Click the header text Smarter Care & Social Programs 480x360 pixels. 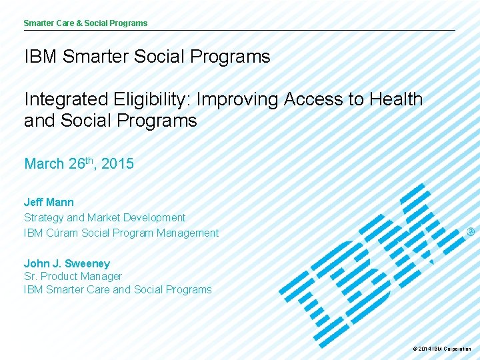pyautogui.click(x=85, y=23)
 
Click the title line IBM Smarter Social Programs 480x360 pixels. pyautogui.click(x=147, y=57)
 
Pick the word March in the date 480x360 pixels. pyautogui.click(x=44, y=163)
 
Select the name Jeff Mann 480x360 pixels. pyautogui.click(x=49, y=202)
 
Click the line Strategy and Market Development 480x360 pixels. pyautogui.click(x=105, y=217)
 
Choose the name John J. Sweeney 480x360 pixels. pyautogui.click(x=67, y=263)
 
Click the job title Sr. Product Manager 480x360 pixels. pyautogui.click(x=73, y=276)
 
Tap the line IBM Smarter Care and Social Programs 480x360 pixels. pyautogui.click(x=117, y=289)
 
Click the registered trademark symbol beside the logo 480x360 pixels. pyautogui.click(x=470, y=232)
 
